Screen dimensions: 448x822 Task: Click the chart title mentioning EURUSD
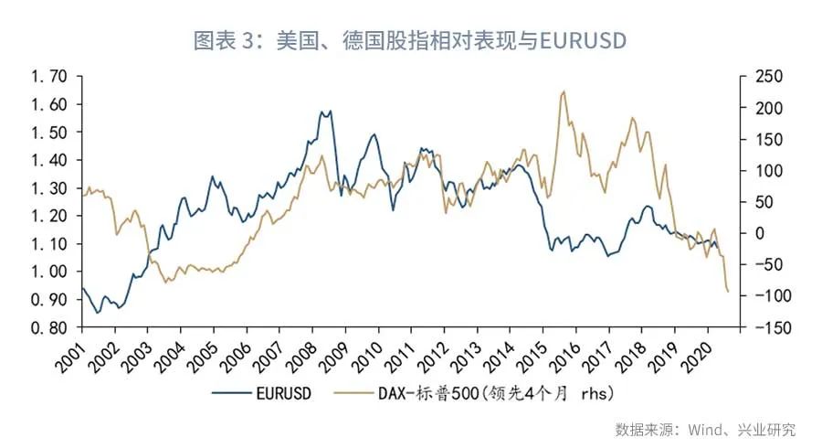coord(410,41)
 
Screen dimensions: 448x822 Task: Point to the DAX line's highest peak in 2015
coord(564,91)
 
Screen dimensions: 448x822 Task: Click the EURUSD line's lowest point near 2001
coord(98,313)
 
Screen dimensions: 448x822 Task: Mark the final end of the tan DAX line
coord(728,292)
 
